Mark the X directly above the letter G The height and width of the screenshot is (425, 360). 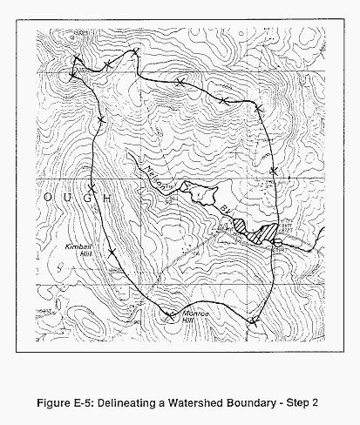pos(91,186)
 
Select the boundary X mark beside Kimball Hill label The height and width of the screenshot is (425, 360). pos(112,253)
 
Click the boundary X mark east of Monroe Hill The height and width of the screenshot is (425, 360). pos(253,320)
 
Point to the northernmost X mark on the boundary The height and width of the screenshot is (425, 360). pos(135,54)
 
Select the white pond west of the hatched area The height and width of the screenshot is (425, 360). pos(206,192)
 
